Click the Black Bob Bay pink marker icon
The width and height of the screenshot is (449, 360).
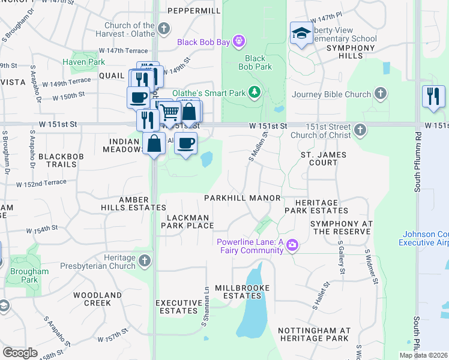239,41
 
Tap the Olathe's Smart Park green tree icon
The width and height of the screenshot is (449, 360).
255,92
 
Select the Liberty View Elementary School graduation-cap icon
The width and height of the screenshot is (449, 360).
300,33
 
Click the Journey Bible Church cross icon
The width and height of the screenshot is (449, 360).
379,93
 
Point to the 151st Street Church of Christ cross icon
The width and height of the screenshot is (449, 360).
360,130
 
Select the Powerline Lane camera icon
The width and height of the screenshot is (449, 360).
292,245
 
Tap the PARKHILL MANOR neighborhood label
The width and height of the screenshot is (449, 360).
243,198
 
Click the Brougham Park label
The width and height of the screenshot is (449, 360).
29,275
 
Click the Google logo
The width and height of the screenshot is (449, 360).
20,353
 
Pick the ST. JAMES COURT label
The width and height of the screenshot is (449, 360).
327,158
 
